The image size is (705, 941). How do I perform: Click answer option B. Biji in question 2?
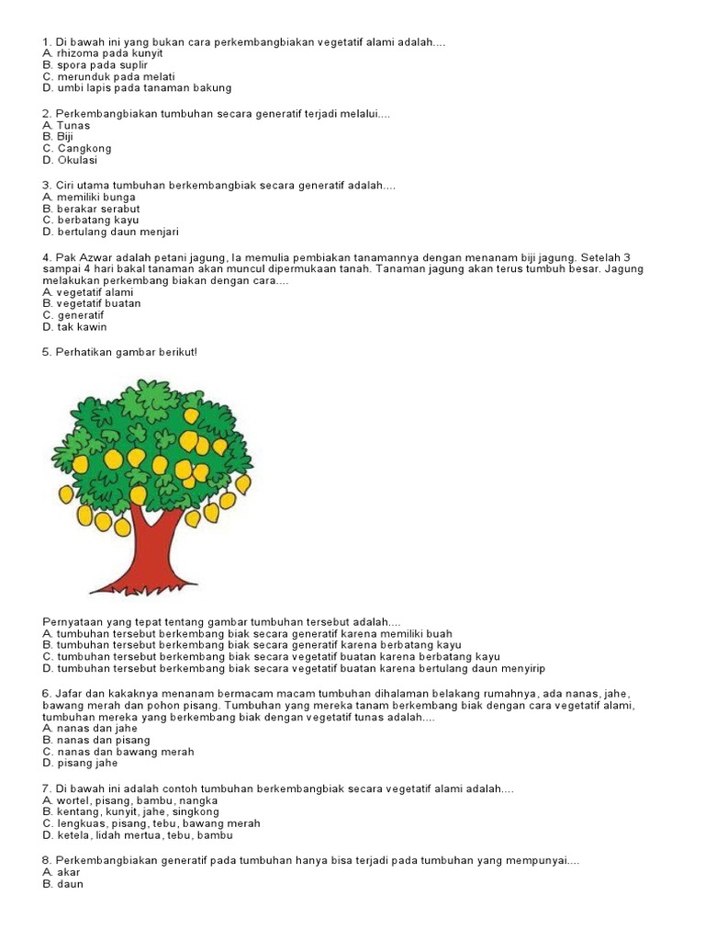coord(58,137)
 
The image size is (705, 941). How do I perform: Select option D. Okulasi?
coord(72,160)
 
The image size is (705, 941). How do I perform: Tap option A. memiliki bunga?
coord(89,197)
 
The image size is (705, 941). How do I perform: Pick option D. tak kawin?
coord(74,327)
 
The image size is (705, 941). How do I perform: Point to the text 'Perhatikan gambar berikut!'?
coord(119,352)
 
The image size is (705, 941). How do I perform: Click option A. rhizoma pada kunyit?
coord(103,53)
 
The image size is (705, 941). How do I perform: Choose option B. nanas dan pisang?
coord(96,740)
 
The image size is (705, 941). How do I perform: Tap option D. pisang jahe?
coord(80,763)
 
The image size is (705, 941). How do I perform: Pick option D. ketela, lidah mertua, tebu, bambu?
coord(138,835)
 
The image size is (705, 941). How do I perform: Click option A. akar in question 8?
coord(62,872)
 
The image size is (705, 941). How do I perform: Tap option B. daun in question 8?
coord(62,884)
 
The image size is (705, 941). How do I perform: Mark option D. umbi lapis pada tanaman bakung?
coord(137,89)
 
